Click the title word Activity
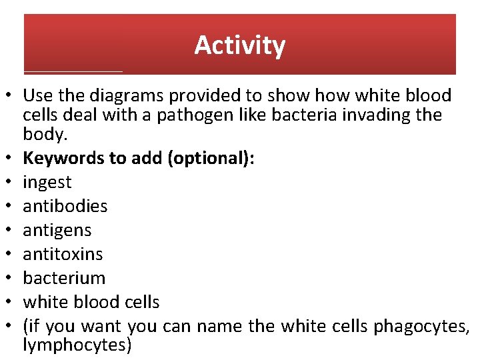[x=240, y=45]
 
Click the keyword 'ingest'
[x=47, y=182]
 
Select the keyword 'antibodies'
[x=65, y=206]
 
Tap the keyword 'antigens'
[x=57, y=230]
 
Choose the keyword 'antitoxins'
[x=63, y=254]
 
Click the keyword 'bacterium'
[x=64, y=278]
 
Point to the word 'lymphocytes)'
[x=77, y=345]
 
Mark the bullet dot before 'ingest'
[x=11, y=183]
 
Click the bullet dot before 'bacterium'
[x=11, y=279]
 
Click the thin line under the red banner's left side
[x=73, y=71]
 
